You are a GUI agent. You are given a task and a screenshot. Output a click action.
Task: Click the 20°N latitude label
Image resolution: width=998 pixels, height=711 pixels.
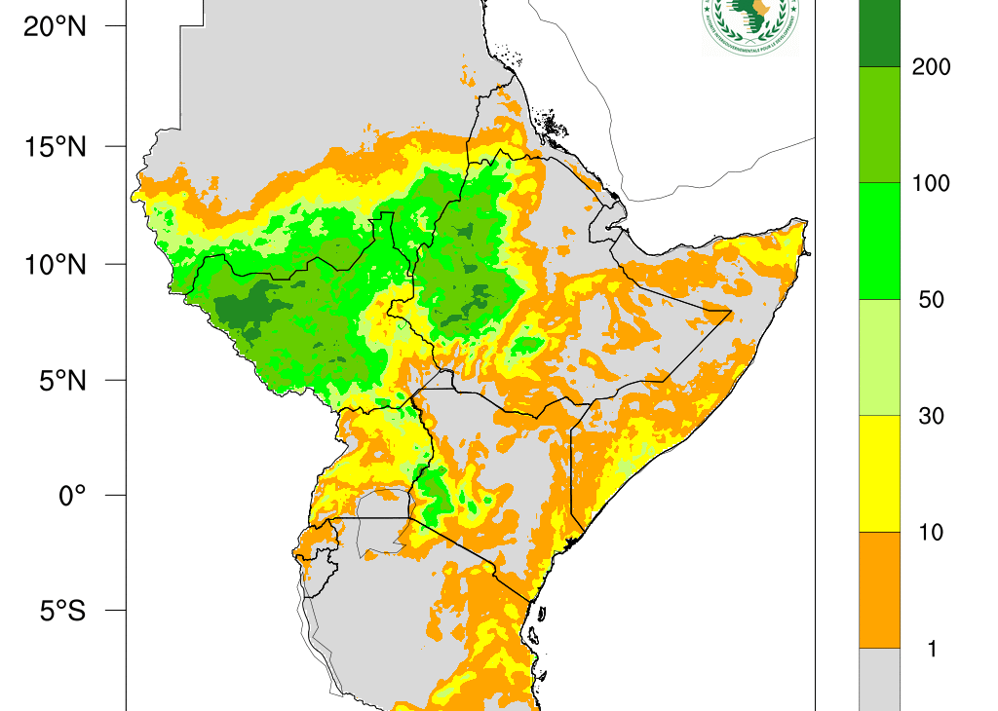point(55,27)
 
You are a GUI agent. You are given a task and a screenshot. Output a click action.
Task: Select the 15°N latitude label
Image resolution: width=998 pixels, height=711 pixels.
point(55,147)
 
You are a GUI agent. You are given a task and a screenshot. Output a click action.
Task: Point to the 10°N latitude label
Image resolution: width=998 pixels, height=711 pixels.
point(55,264)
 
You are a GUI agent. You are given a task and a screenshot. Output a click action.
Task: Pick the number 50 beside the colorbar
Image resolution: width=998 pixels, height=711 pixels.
point(931,300)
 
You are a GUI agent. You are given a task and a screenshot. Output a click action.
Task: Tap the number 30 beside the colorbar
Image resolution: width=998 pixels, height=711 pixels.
point(931,417)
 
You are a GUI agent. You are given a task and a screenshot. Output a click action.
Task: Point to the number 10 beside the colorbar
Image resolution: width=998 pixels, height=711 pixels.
point(931,533)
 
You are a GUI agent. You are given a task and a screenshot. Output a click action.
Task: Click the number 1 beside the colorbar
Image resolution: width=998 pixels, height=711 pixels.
point(932,650)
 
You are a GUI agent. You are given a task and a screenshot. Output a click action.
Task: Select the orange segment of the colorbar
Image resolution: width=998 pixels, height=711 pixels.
point(880,589)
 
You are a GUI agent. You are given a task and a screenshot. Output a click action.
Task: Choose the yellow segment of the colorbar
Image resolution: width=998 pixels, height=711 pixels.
point(880,473)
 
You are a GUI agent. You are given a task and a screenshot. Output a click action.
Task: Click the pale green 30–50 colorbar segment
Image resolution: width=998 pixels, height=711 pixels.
point(880,357)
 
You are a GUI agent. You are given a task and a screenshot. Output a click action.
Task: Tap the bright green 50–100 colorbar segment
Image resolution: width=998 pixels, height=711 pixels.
point(880,241)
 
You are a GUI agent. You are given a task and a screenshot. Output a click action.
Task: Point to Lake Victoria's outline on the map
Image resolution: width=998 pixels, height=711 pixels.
point(383,522)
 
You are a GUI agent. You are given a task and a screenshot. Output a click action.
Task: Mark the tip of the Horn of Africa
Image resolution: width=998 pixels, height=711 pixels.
point(805,225)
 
